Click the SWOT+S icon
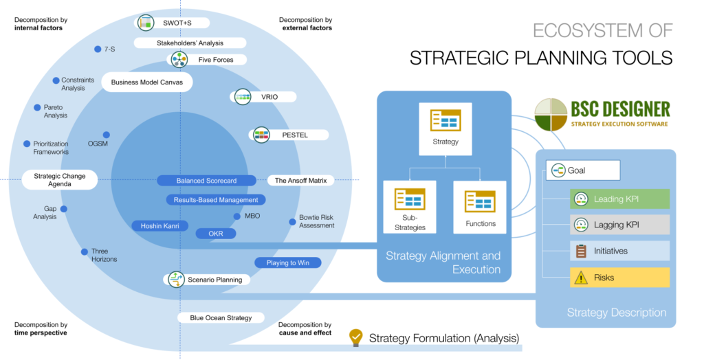click(x=145, y=23)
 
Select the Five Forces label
click(x=215, y=60)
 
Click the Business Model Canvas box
click(x=146, y=82)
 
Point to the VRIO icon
click(x=243, y=97)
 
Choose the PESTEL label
click(x=294, y=135)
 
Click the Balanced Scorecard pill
click(x=206, y=181)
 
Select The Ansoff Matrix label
click(x=300, y=181)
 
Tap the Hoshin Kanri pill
click(x=159, y=225)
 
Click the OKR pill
click(x=216, y=234)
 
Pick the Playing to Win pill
click(x=288, y=262)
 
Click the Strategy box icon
click(x=445, y=120)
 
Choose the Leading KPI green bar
click(x=619, y=199)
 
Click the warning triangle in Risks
click(x=581, y=278)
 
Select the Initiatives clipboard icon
click(x=581, y=251)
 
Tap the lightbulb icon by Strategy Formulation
click(x=355, y=337)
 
